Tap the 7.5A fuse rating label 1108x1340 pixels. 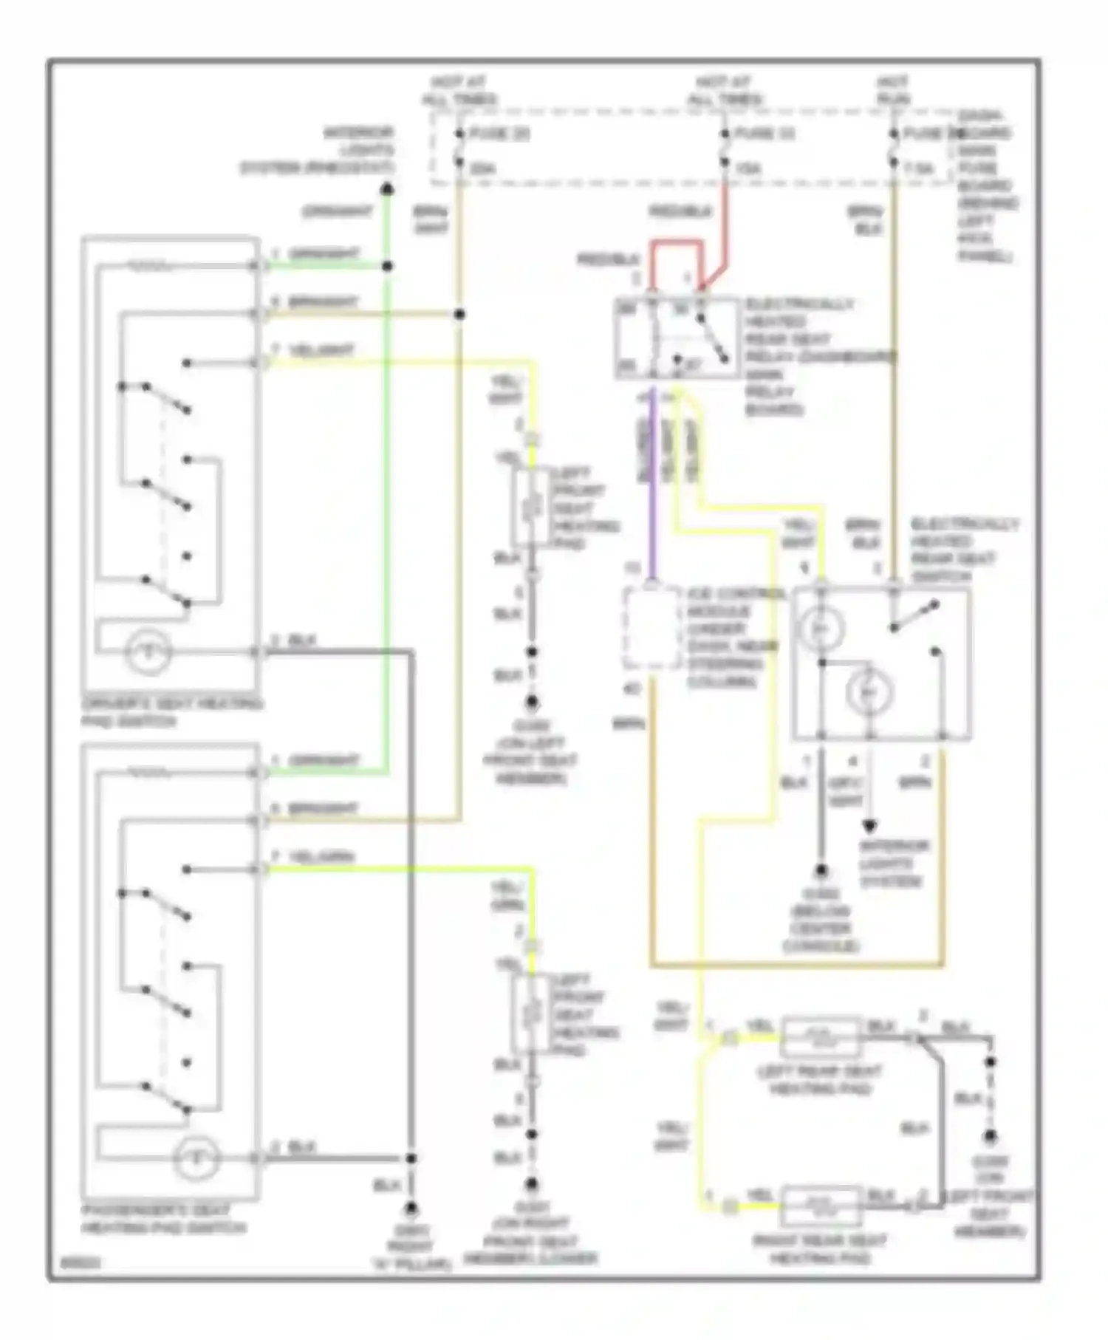pos(919,169)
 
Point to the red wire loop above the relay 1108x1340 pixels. pos(676,242)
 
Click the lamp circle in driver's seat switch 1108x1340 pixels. pos(148,652)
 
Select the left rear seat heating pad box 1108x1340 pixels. pos(821,1038)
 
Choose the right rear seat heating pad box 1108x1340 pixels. pos(821,1206)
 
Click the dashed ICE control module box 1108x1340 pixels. pos(652,628)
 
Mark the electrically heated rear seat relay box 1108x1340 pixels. pos(677,338)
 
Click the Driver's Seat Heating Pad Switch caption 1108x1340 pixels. pos(171,712)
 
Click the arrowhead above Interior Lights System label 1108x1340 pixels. pos(870,827)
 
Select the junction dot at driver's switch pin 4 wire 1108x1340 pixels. pos(459,315)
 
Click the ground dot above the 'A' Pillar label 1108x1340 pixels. pos(411,1209)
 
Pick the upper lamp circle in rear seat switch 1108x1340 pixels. pos(820,629)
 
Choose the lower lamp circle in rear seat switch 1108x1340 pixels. pos(870,692)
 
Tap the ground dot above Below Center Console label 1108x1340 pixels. pos(821,872)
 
